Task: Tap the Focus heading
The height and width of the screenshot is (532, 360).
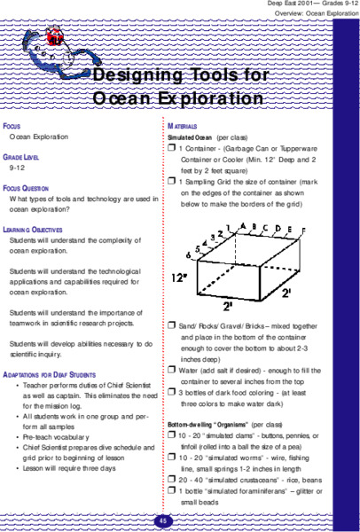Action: [14, 127]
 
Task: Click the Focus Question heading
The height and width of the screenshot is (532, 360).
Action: [29, 189]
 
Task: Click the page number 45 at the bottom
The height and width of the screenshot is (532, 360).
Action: [165, 520]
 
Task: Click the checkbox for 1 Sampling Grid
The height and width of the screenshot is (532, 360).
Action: [171, 181]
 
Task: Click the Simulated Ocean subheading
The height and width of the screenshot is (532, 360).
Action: [192, 139]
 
